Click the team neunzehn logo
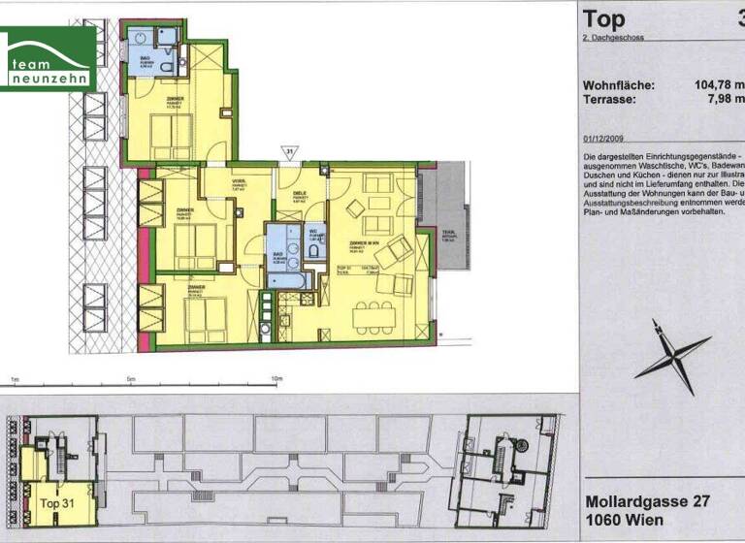pyautogui.click(x=49, y=59)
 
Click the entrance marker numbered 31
pyautogui.click(x=288, y=151)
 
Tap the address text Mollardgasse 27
pyautogui.click(x=651, y=502)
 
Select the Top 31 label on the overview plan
pyautogui.click(x=57, y=504)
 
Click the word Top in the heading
pyautogui.click(x=604, y=18)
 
